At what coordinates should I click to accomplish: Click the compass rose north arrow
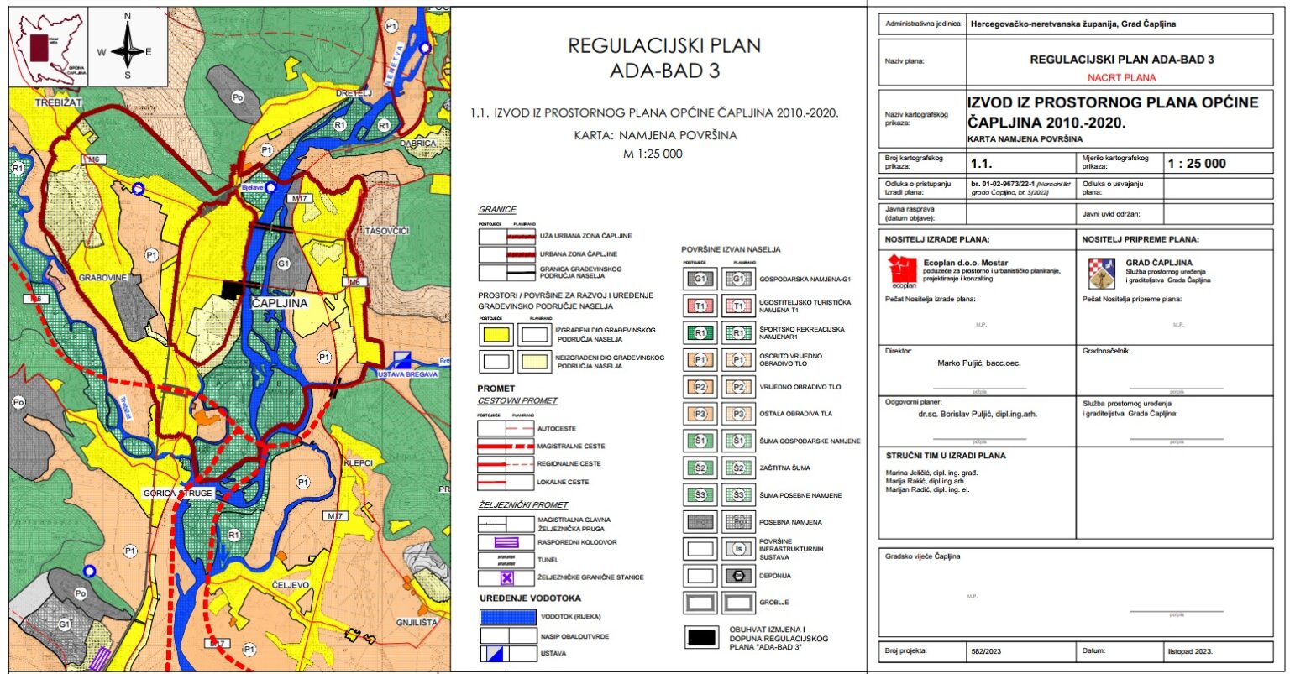pos(128,45)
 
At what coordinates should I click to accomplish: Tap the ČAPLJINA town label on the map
pos(282,303)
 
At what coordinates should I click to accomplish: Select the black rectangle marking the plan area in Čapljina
pos(229,290)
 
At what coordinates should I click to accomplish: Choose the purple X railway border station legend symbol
pos(506,577)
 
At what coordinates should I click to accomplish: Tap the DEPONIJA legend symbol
pos(739,577)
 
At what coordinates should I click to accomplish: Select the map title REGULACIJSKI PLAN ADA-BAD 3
pos(663,57)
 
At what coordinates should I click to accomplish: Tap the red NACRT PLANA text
pos(1121,77)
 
